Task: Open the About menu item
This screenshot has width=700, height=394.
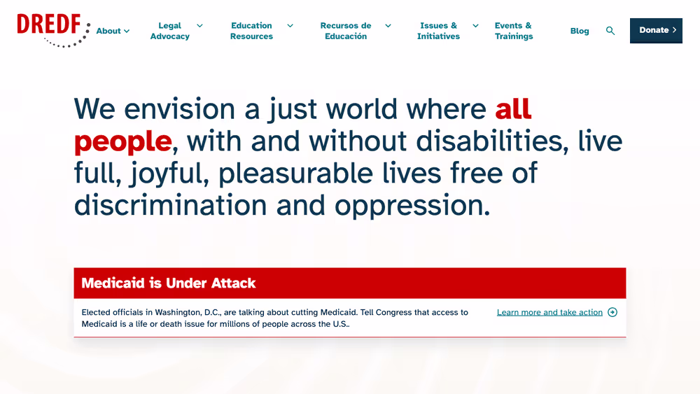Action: click(x=108, y=31)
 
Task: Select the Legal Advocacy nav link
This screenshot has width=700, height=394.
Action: click(x=169, y=31)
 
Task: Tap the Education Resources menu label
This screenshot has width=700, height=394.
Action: click(x=251, y=31)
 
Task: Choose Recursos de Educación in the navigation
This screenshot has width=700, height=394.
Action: click(x=346, y=31)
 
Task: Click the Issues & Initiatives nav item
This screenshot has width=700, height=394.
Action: click(x=438, y=31)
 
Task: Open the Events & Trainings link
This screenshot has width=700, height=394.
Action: click(x=513, y=31)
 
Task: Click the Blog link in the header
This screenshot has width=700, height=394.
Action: click(x=580, y=31)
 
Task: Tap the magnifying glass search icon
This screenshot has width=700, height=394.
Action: click(x=610, y=31)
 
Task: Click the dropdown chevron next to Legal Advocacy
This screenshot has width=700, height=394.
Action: click(x=200, y=26)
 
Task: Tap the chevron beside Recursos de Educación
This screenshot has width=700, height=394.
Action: click(x=388, y=26)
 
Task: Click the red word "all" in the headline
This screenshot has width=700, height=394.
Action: click(x=513, y=108)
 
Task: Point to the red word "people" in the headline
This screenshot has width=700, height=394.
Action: click(x=122, y=142)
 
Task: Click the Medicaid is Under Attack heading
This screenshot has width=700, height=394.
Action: click(x=168, y=283)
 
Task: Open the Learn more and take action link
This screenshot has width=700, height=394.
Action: click(x=549, y=312)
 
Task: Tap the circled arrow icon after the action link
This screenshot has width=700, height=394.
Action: click(x=612, y=312)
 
